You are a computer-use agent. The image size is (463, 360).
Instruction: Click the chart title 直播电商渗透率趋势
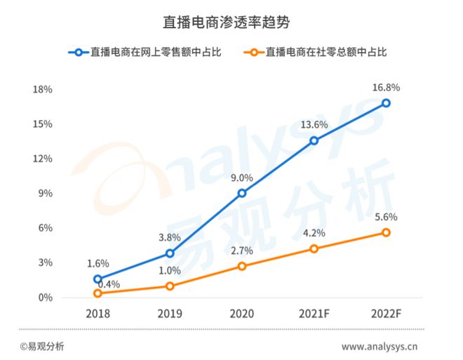tap(231, 22)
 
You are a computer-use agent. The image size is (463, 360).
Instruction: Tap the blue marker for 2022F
tap(386, 103)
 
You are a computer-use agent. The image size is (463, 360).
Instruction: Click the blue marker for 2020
tap(242, 193)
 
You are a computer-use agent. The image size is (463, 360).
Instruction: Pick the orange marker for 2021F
tap(314, 249)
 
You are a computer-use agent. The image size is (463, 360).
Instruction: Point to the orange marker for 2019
tap(170, 286)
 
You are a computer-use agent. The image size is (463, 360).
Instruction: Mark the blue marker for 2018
tap(98, 279)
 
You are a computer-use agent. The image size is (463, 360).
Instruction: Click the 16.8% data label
tap(386, 88)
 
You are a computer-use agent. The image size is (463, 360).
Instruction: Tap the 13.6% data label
tap(314, 125)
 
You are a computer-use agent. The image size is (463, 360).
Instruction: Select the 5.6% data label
tap(386, 218)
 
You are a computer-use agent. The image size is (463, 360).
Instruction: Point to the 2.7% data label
tap(242, 251)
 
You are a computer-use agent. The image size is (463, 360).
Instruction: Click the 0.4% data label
tap(108, 285)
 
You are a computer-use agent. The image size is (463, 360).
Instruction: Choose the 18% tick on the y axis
tap(43, 90)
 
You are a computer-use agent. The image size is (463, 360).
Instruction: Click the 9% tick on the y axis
tap(46, 194)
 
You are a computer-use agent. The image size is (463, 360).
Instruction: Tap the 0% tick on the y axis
tap(46, 298)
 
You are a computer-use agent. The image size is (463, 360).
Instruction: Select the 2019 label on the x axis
tap(170, 312)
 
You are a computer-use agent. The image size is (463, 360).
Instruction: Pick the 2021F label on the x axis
tap(314, 312)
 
